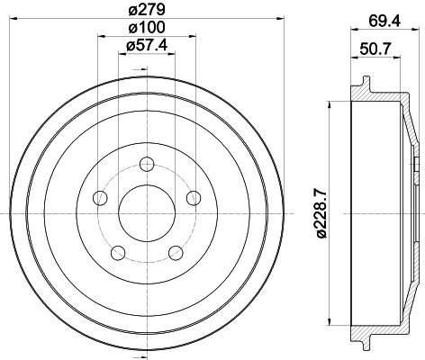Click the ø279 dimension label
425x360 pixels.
coord(147,10)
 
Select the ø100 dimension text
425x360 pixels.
coord(147,28)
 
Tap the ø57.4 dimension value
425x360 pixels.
coord(147,46)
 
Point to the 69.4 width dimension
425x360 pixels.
coord(384,21)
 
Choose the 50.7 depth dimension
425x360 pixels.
coord(375,49)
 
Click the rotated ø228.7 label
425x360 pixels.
coord(321,213)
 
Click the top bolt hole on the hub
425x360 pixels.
coord(147,164)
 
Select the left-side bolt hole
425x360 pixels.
coord(101,198)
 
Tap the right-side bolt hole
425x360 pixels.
coord(194,198)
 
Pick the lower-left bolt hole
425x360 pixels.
coord(118,253)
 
